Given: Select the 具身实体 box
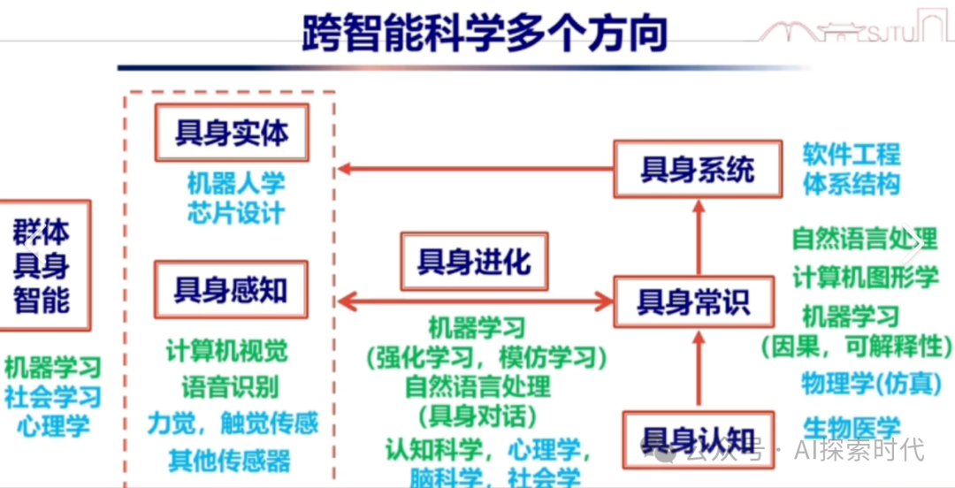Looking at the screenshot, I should click(232, 133).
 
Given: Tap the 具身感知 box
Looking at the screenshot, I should click(231, 289).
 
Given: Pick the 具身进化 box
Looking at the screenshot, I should click(474, 261).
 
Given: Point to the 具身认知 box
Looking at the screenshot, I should click(699, 439).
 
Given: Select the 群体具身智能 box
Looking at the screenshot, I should click(42, 266).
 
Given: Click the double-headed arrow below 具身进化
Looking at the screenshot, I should click(477, 302).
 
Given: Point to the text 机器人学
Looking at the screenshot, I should click(236, 184).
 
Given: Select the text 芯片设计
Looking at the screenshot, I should click(235, 213).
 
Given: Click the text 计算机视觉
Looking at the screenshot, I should click(227, 350).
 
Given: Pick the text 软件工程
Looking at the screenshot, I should click(851, 155).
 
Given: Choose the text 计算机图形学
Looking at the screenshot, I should click(866, 276).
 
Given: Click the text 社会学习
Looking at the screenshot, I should click(53, 396).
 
